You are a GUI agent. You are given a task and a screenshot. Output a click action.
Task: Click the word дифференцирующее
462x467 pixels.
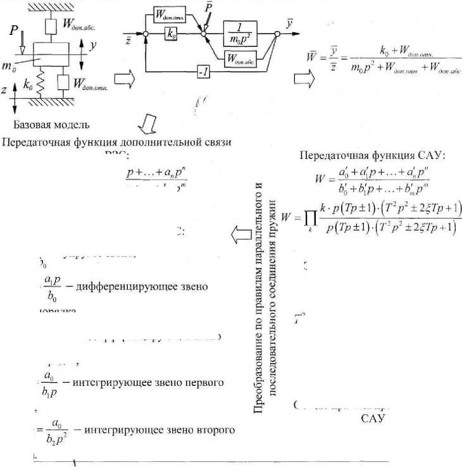[x=120, y=286]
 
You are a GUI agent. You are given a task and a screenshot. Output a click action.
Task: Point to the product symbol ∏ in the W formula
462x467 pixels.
[x=306, y=219]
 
